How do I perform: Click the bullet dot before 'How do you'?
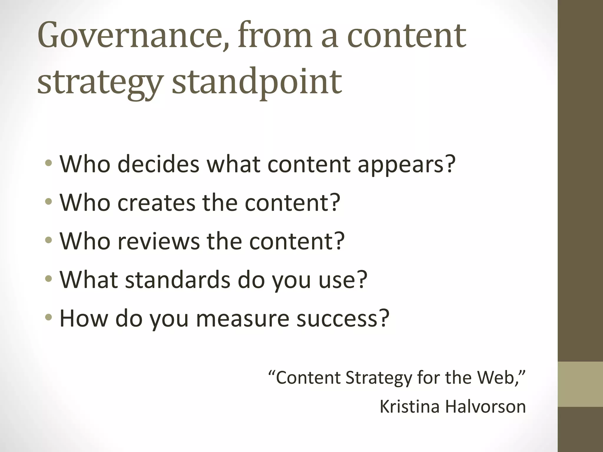point(49,318)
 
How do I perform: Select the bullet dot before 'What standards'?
point(49,279)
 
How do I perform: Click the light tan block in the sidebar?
point(580,384)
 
